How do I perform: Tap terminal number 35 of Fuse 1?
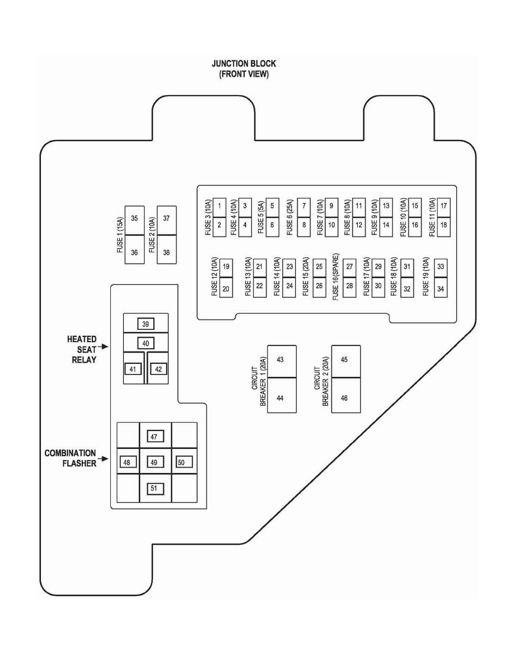pos(134,218)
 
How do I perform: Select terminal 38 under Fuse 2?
pos(166,252)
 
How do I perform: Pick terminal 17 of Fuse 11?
pos(443,205)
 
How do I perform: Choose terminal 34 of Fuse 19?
pos(440,289)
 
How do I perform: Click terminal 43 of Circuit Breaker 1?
pos(281,359)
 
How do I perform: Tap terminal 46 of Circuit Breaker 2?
pos(345,398)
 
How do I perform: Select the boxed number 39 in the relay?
pos(145,324)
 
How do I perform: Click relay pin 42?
pos(158,369)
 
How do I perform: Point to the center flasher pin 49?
pos(155,462)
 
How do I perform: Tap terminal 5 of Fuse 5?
pos(272,205)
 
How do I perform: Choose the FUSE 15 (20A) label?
pos(305,277)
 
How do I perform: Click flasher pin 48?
pos(127,462)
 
